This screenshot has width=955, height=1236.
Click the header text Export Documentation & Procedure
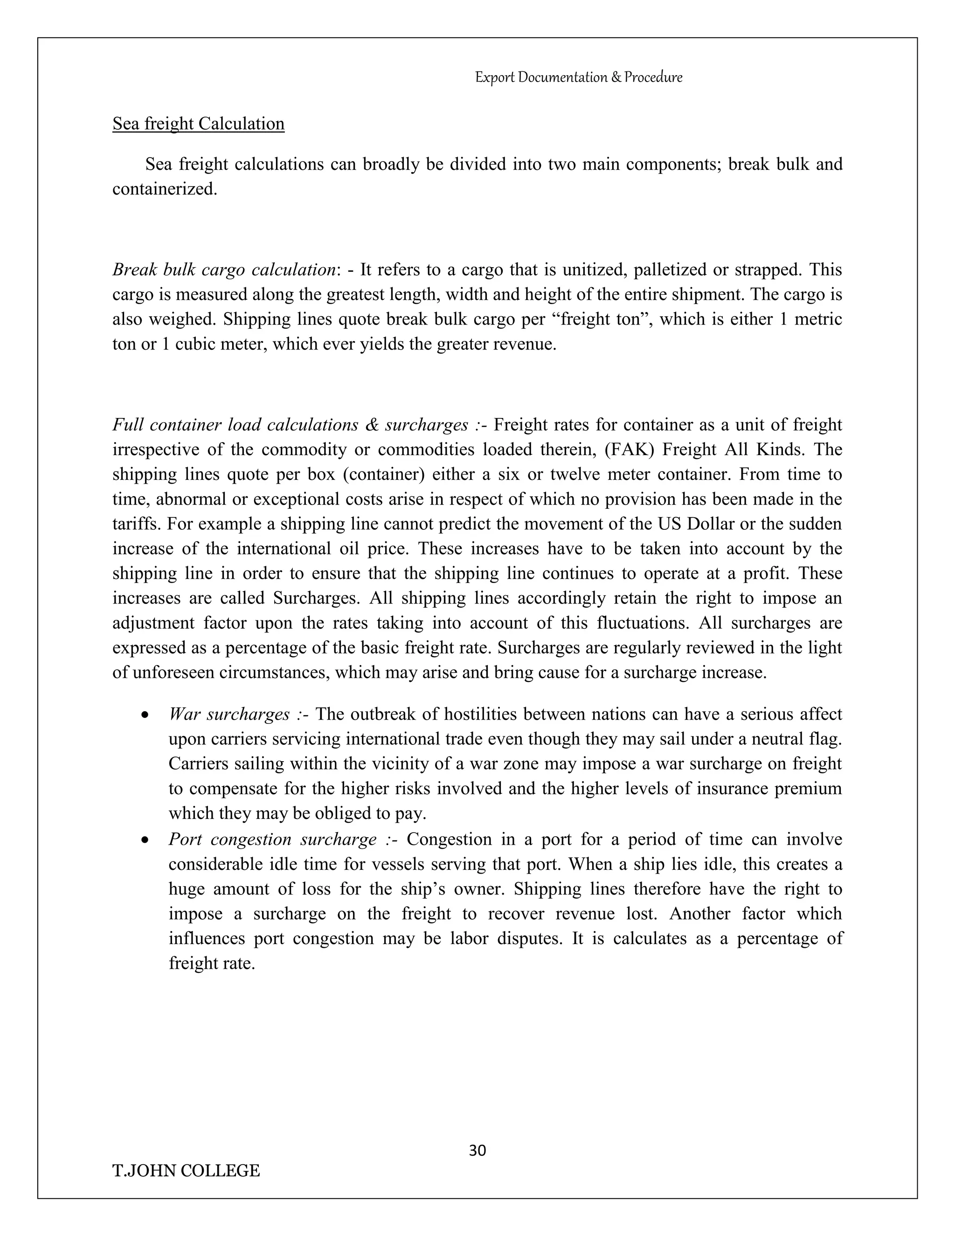coord(578,77)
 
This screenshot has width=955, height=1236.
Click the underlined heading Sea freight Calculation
coord(198,124)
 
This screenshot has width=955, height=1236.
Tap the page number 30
coord(477,1151)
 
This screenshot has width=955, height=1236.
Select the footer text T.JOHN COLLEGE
coord(186,1170)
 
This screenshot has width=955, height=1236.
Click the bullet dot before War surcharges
coord(145,716)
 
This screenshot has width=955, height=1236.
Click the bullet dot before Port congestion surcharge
coord(145,840)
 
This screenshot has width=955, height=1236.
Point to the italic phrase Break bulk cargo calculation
coord(224,270)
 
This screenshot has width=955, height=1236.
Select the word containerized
coord(164,189)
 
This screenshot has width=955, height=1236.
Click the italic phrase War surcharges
coord(229,715)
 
